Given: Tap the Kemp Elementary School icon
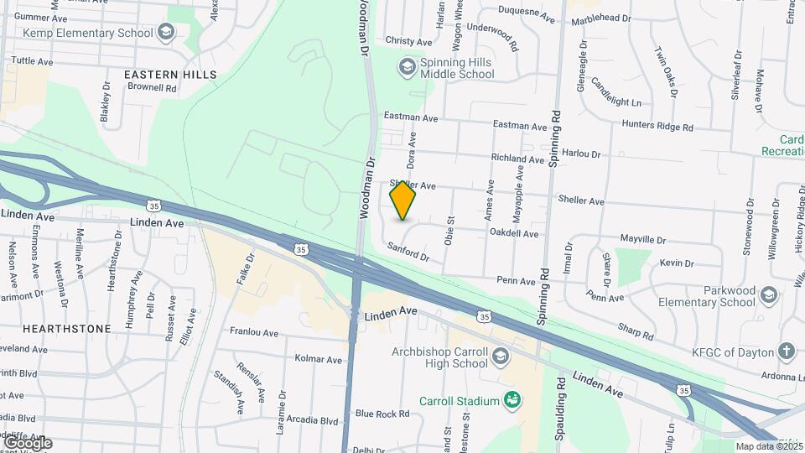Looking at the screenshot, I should (166, 33).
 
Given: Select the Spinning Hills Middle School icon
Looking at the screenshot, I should (408, 65).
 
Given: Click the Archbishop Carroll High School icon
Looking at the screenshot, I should (501, 357).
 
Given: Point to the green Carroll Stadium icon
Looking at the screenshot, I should (511, 400).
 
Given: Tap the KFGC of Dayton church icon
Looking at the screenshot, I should (786, 351).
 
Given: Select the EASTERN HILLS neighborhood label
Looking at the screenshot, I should (170, 75).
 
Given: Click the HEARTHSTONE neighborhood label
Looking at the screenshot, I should (67, 329).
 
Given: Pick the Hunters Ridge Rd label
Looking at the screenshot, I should (657, 127).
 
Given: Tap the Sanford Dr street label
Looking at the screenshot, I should (408, 251).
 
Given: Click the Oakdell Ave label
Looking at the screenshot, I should (513, 233).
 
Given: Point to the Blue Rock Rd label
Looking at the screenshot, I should (382, 414).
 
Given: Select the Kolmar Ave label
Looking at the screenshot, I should (319, 359).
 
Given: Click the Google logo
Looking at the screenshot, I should (27, 442).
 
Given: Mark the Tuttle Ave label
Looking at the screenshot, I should (33, 61).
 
